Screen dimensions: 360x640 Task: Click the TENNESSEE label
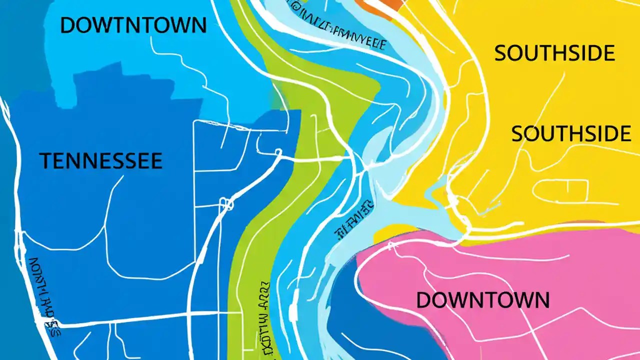click(x=100, y=161)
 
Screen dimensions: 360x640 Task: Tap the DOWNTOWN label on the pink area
click(x=482, y=300)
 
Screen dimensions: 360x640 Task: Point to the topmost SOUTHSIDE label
click(x=554, y=53)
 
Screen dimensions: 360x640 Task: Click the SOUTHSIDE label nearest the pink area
click(x=570, y=134)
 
